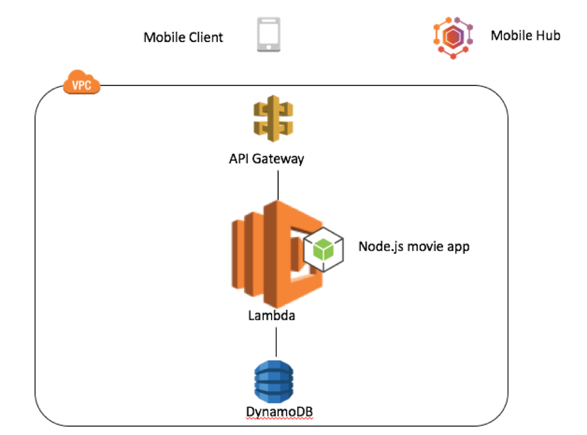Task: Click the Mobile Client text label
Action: pyautogui.click(x=183, y=37)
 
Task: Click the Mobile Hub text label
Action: pyautogui.click(x=525, y=35)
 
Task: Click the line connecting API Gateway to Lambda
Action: pyautogui.click(x=278, y=184)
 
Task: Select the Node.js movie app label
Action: pyautogui.click(x=414, y=246)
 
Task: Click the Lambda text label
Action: pyautogui.click(x=272, y=315)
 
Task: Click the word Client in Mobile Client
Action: pyautogui.click(x=205, y=37)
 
